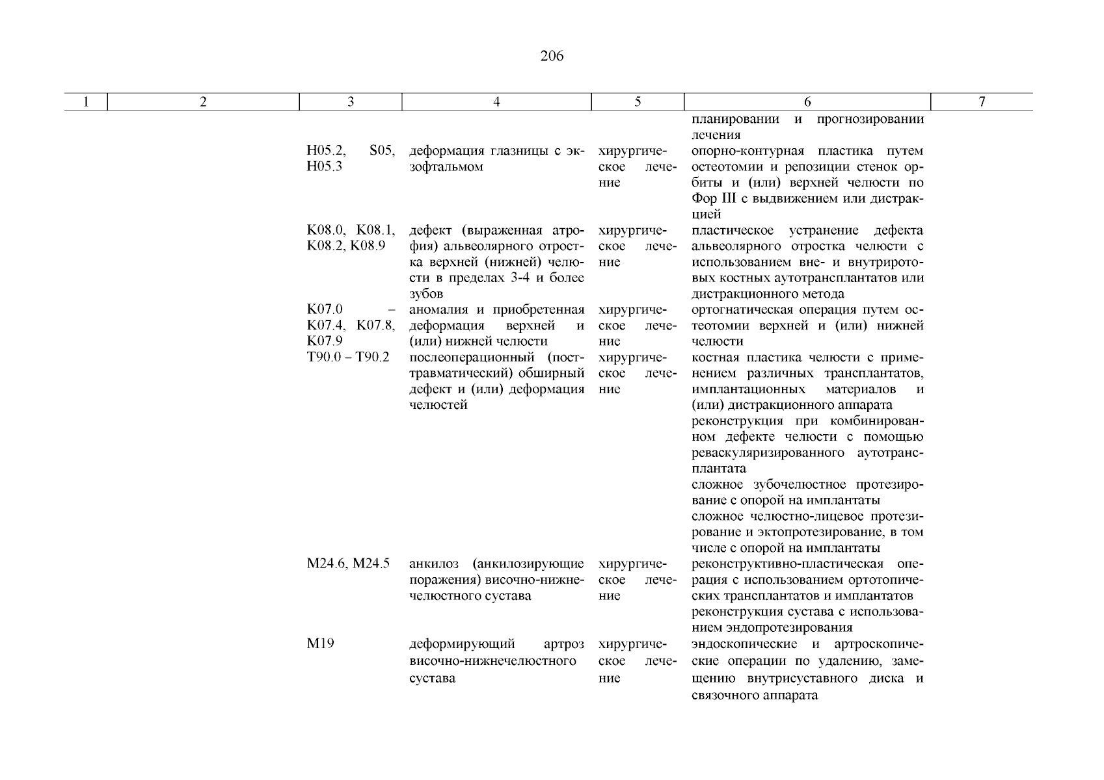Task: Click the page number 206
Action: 552,57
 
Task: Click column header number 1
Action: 85,102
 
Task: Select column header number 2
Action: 203,102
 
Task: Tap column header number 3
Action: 351,102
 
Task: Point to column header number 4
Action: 496,102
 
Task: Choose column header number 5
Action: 638,102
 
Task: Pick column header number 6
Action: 807,102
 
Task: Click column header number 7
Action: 982,102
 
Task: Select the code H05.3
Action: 325,167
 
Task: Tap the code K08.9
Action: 368,246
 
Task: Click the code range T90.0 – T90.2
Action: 348,357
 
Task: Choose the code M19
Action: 320,645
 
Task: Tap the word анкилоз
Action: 434,564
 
